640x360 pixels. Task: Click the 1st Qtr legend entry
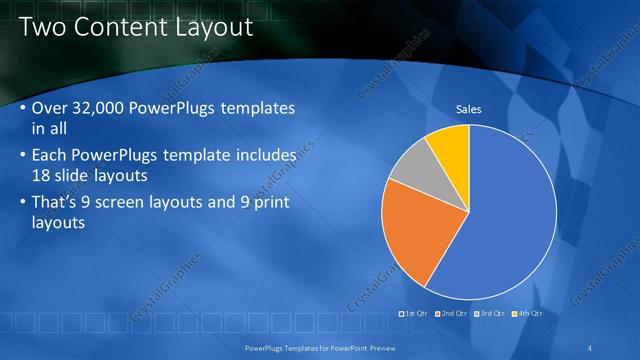[414, 313]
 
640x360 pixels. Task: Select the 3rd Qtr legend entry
[490, 313]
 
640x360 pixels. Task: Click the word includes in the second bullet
[264, 155]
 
